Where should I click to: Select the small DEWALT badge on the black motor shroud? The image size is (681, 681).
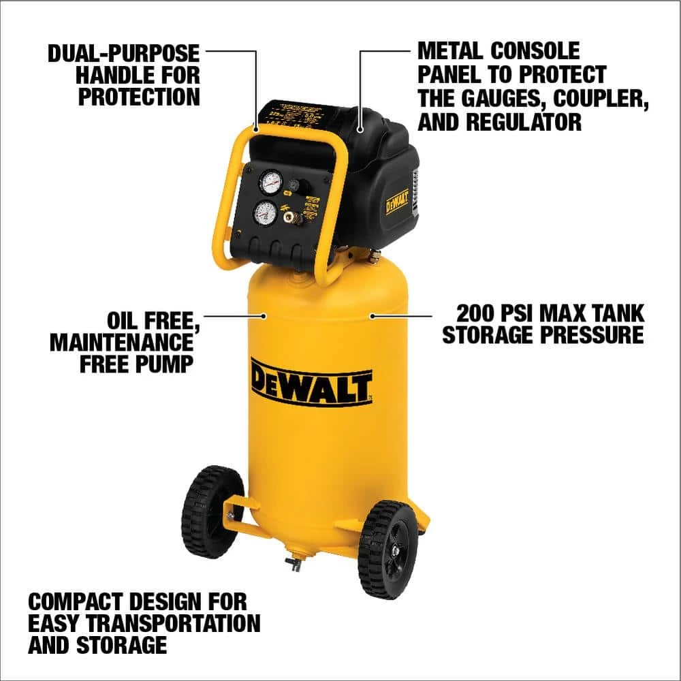click(397, 202)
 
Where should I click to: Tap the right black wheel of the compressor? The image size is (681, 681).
click(388, 549)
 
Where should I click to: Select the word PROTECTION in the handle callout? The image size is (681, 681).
click(139, 96)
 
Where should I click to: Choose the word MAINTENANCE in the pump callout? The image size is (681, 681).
click(121, 342)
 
